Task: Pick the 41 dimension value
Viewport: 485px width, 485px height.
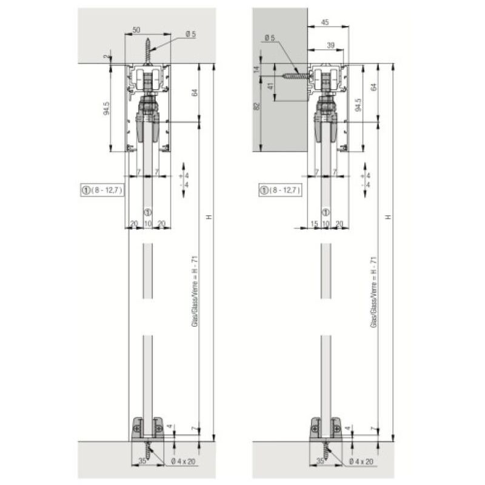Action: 270,85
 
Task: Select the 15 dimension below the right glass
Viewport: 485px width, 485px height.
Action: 313,224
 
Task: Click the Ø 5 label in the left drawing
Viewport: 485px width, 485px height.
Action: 192,35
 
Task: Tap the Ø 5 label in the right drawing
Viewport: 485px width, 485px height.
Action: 270,39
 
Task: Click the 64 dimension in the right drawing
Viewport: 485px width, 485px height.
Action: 374,87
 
